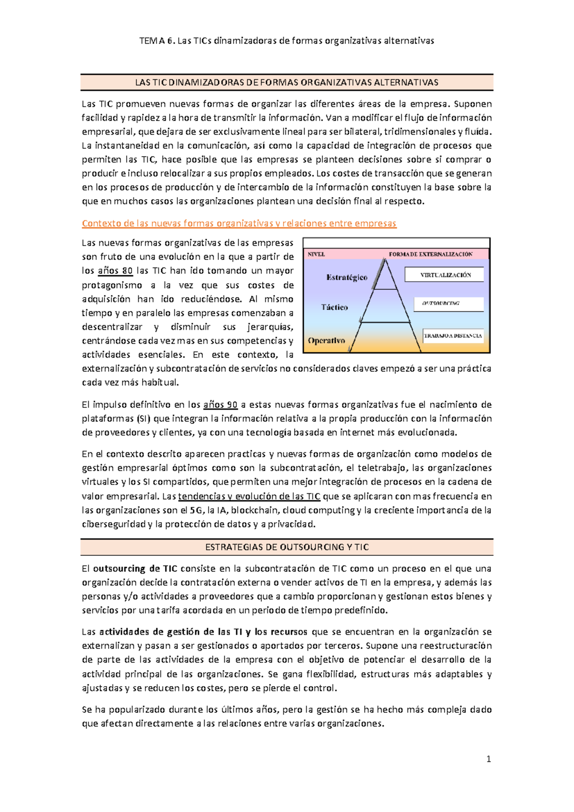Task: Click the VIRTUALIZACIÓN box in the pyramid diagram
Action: pos(444,275)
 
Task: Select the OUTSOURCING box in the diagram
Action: pos(449,304)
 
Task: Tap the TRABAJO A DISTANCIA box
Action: pos(453,336)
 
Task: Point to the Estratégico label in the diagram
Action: pos(347,277)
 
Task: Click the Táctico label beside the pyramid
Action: pos(334,307)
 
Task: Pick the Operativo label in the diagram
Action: pos(327,341)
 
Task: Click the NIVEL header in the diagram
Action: pos(316,254)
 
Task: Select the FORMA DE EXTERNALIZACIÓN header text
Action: pos(430,254)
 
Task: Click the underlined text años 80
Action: pos(115,271)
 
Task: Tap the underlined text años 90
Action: pos(221,405)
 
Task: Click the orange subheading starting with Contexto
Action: pos(239,224)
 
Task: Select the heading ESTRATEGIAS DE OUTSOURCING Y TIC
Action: pos(287,547)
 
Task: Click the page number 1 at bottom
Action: pos(488,759)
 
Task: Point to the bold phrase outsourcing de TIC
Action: pos(135,569)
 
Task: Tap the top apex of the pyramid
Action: pos(385,260)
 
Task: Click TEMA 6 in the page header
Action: pos(156,41)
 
